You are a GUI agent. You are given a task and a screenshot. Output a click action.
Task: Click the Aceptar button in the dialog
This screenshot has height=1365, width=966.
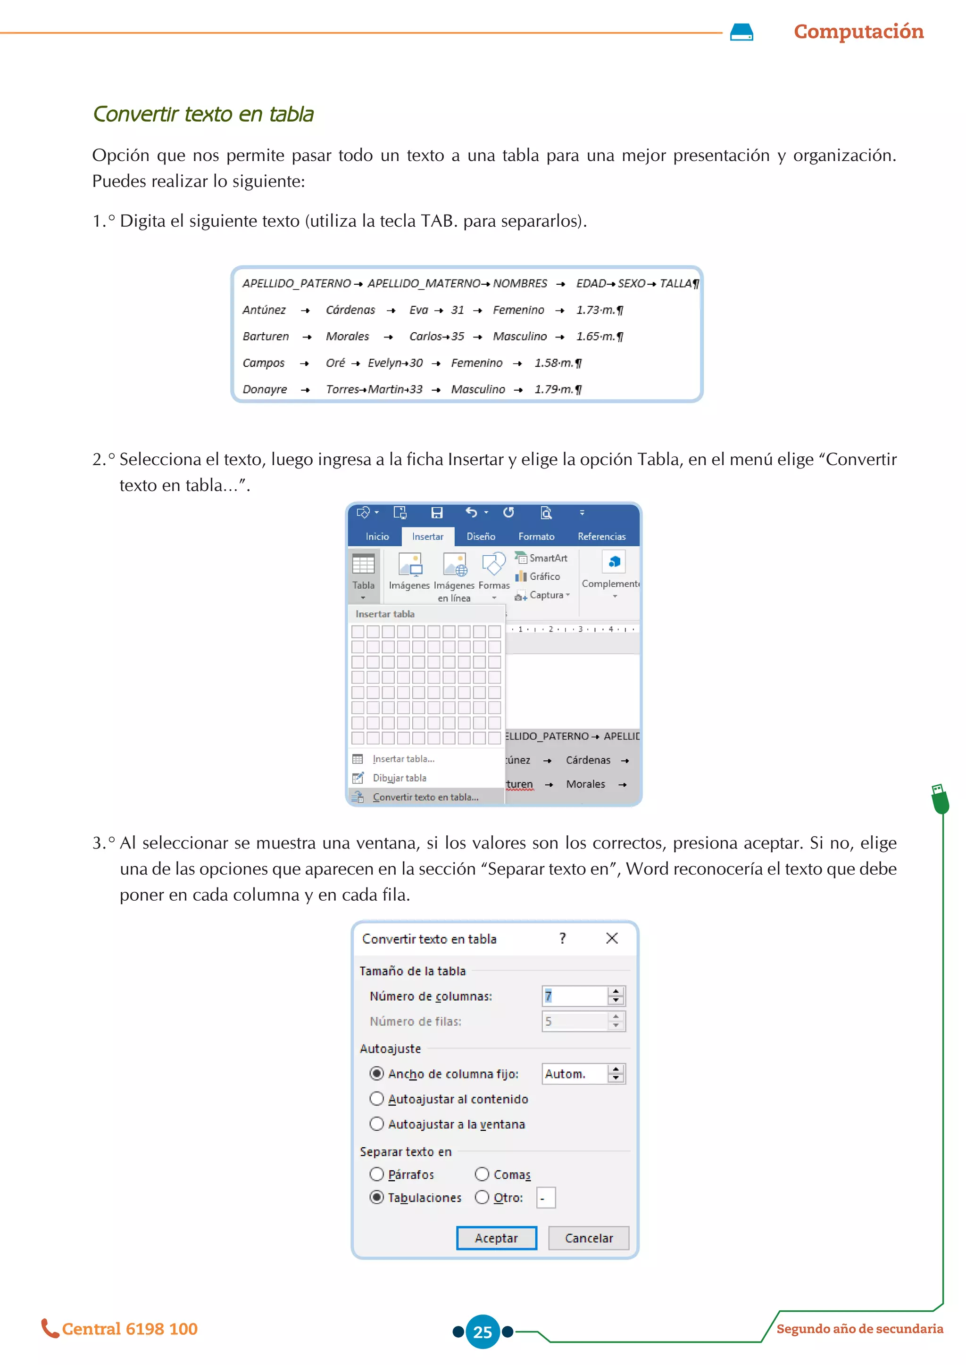point(496,1238)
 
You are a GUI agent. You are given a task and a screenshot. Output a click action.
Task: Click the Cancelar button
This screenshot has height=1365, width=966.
point(588,1238)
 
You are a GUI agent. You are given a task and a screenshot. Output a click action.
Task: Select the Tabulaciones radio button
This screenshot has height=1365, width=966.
point(376,1197)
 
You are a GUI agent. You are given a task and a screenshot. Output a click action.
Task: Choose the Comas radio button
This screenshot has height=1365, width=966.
point(482,1174)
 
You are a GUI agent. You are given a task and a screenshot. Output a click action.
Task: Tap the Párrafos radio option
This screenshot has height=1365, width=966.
point(376,1174)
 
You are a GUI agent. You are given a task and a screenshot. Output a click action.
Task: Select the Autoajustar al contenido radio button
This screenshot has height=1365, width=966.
point(376,1098)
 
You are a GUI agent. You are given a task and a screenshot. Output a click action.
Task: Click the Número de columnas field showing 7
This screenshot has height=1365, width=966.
point(574,995)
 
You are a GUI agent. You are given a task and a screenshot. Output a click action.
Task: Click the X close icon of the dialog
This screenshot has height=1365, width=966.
point(611,938)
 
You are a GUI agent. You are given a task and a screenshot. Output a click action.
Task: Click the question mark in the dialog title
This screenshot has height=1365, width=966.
point(563,938)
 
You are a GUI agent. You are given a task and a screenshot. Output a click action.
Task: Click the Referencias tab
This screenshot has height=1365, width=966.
point(601,536)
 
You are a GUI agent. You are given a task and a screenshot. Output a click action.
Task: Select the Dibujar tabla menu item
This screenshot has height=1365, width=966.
point(399,778)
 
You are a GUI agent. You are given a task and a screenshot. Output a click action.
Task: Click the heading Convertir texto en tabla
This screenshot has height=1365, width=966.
point(203,114)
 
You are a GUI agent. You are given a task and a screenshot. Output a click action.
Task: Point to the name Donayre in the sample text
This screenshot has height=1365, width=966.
point(265,389)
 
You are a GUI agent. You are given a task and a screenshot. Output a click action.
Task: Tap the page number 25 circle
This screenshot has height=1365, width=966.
point(483,1332)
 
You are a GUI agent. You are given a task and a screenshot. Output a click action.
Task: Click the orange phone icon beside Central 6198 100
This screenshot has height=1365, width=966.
point(50,1328)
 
